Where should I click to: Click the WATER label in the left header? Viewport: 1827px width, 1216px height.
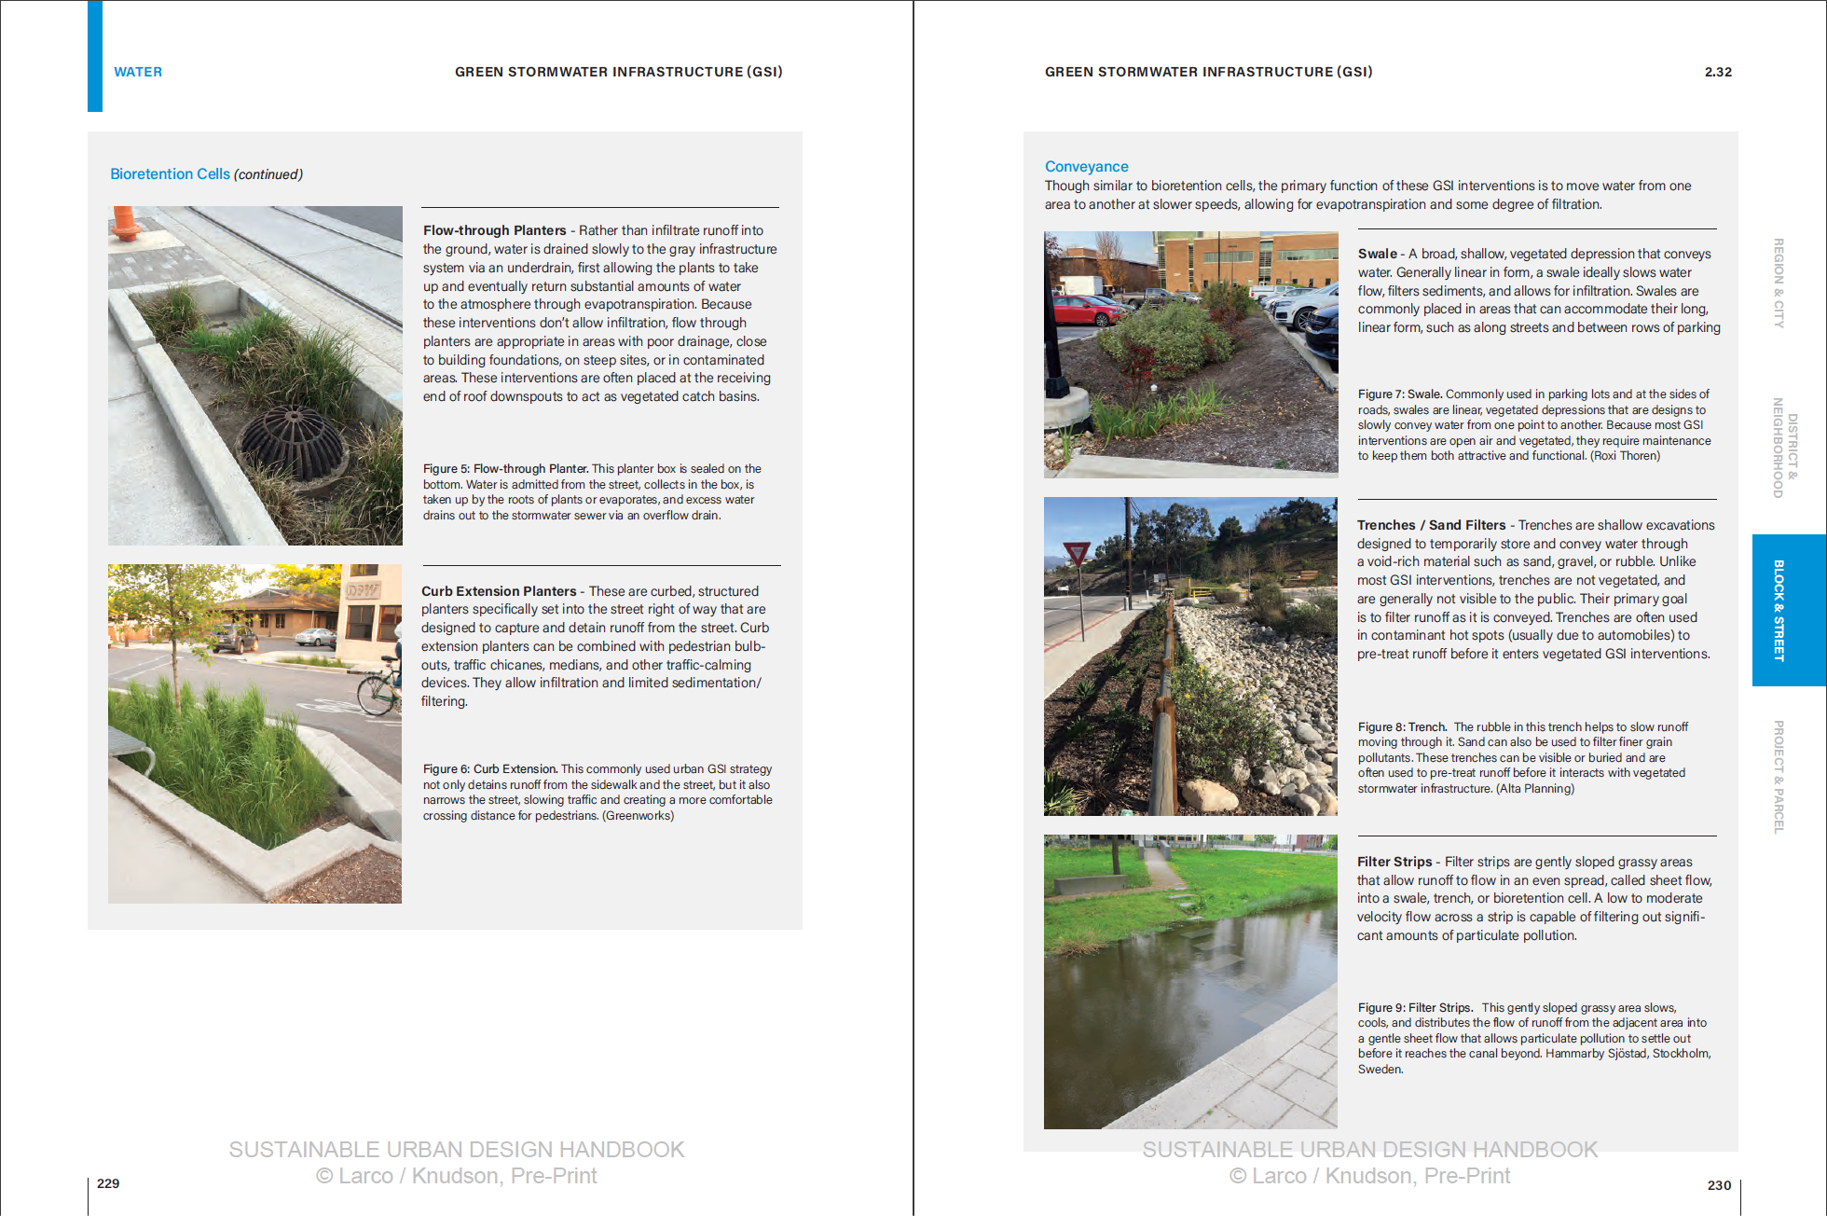pyautogui.click(x=138, y=72)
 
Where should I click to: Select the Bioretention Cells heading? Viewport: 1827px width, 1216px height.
pyautogui.click(x=170, y=174)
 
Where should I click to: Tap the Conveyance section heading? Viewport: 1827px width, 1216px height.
pyautogui.click(x=1086, y=167)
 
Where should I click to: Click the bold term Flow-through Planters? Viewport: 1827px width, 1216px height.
pyautogui.click(x=494, y=230)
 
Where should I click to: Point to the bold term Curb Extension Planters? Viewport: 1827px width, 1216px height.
pyautogui.click(x=499, y=591)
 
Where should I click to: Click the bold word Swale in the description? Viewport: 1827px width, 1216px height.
pyautogui.click(x=1377, y=254)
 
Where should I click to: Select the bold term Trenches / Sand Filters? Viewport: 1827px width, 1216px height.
pyautogui.click(x=1431, y=525)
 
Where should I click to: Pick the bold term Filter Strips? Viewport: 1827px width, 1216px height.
pyautogui.click(x=1394, y=862)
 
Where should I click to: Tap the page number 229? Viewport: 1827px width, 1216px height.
pyautogui.click(x=108, y=1183)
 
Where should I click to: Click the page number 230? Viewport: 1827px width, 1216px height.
pyautogui.click(x=1719, y=1185)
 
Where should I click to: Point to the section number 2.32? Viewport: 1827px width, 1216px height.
pyautogui.click(x=1718, y=72)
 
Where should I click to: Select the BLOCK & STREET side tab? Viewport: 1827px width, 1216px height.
pyautogui.click(x=1779, y=610)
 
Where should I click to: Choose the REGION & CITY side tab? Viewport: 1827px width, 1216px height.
pyautogui.click(x=1779, y=283)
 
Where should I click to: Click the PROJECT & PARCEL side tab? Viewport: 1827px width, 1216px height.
pyautogui.click(x=1779, y=777)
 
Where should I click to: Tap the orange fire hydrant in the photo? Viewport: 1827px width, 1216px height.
pyautogui.click(x=124, y=223)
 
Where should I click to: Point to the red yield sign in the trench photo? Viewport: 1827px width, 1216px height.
pyautogui.click(x=1078, y=556)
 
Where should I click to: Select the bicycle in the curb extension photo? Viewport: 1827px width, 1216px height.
pyautogui.click(x=379, y=691)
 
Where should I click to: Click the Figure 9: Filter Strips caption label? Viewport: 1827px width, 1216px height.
pyautogui.click(x=1415, y=1007)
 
